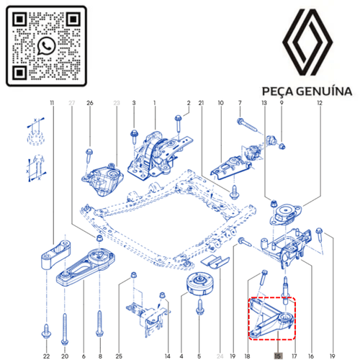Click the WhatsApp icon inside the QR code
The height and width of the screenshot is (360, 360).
(47, 45)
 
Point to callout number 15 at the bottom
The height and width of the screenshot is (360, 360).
(278, 354)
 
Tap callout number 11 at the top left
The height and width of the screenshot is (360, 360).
(53, 103)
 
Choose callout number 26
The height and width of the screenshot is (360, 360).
(90, 103)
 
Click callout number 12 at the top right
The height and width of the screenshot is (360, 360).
(319, 103)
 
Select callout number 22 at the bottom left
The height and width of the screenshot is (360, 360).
(46, 354)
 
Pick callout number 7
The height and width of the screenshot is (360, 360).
(241, 103)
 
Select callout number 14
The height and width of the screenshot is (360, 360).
(167, 354)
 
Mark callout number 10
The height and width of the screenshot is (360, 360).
(220, 103)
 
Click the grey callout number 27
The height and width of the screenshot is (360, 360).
(71, 103)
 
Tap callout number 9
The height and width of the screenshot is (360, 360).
(282, 103)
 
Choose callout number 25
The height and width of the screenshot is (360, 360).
(119, 354)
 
